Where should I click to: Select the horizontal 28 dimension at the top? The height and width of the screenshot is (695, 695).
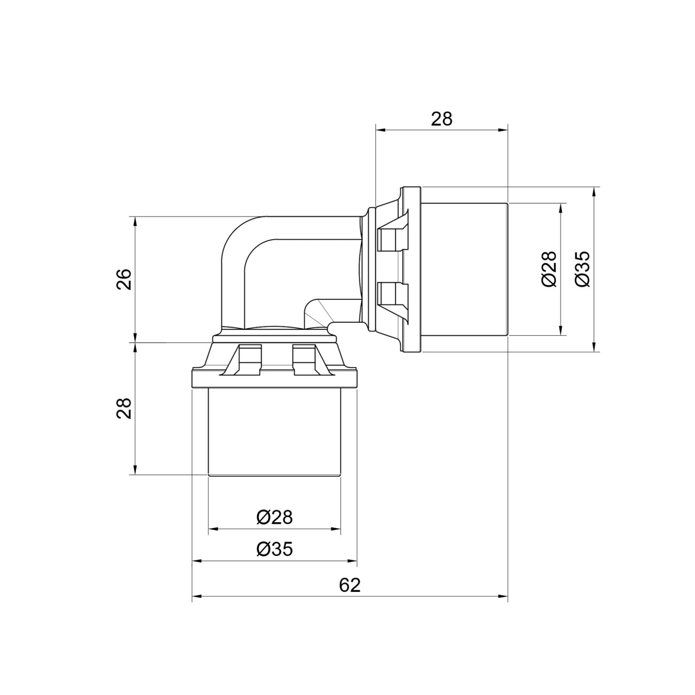pyautogui.click(x=442, y=119)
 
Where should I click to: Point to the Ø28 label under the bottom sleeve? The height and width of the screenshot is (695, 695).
pyautogui.click(x=274, y=518)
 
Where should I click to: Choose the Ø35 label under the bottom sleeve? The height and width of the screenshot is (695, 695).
pyautogui.click(x=274, y=549)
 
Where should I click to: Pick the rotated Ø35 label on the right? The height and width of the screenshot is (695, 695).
pyautogui.click(x=583, y=269)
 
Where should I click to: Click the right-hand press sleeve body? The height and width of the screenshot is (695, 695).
pyautogui.click(x=464, y=269)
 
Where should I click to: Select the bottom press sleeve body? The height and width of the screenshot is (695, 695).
pyautogui.click(x=274, y=432)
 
